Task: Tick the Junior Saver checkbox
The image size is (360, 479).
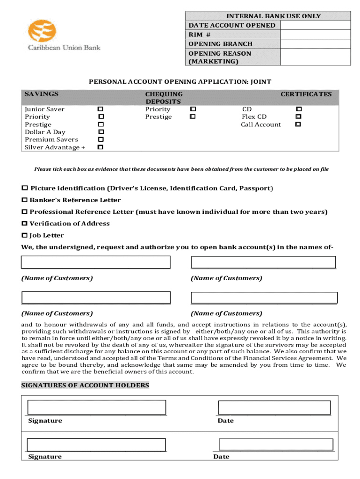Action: [x=100, y=109]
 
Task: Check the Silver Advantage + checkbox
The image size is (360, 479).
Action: [x=100, y=147]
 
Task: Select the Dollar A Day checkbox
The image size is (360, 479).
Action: [x=101, y=132]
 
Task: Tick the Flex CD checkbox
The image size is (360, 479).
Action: [x=298, y=117]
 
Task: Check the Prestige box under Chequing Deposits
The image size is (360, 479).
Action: [x=192, y=117]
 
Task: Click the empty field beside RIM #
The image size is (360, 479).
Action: [x=316, y=35]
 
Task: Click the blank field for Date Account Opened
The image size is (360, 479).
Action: [x=316, y=25]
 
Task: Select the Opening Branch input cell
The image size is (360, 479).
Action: [x=316, y=44]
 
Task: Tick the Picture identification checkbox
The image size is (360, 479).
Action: [x=25, y=188]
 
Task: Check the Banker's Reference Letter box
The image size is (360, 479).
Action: [x=25, y=200]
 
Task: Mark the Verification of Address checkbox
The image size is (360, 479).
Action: [x=25, y=224]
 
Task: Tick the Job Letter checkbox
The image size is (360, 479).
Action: [x=25, y=235]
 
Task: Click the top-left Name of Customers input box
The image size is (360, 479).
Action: [x=96, y=262]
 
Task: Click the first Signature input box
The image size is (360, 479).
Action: [x=96, y=407]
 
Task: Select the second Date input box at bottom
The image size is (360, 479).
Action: [x=276, y=444]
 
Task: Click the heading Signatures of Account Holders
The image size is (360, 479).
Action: [x=85, y=385]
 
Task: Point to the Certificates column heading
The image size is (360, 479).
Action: [x=306, y=94]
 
